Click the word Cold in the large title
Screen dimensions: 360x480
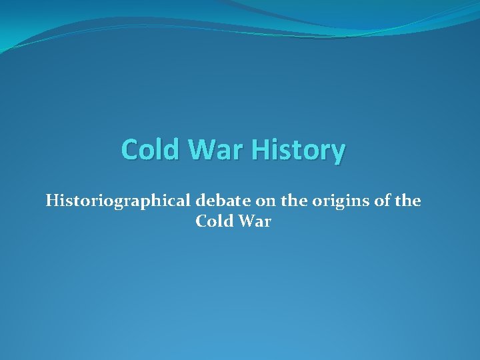point(151,149)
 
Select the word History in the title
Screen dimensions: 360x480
point(298,151)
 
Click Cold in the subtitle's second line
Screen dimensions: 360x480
point(213,221)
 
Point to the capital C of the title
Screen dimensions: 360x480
point(131,149)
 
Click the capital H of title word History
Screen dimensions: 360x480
point(261,149)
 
